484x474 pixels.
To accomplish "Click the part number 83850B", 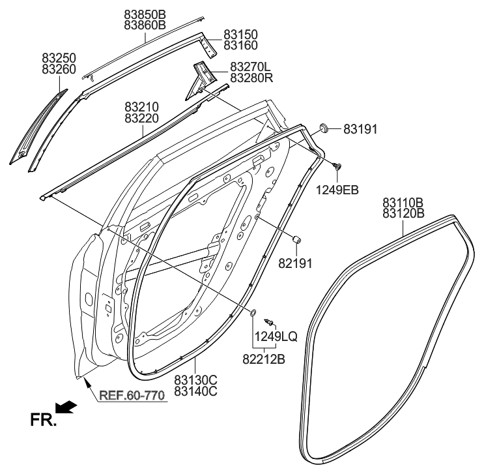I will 145,14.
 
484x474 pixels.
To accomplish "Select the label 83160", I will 240,46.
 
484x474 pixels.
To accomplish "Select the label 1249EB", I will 337,190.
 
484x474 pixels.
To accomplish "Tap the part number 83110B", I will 403,202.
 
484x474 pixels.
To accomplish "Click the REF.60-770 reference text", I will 133,395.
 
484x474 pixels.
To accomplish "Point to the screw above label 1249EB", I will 337,168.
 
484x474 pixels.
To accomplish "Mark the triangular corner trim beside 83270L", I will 199,78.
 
